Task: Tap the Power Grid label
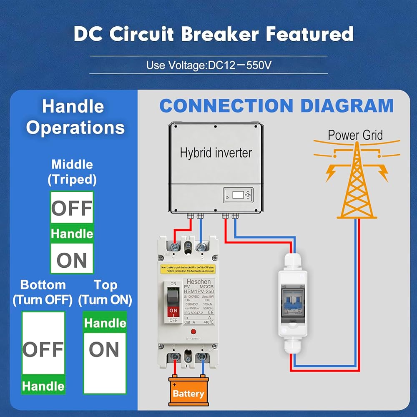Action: pos(355,135)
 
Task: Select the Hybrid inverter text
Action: pos(216,153)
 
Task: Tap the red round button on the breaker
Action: pos(193,332)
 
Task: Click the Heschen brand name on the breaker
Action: pos(198,282)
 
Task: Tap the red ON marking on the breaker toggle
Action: pos(173,311)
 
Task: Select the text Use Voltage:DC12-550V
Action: pos(209,65)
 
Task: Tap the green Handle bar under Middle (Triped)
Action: pos(72,234)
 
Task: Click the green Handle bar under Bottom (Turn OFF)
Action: pos(43,386)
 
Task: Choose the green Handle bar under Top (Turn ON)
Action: pos(105,323)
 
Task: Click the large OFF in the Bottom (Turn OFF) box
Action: pos(43,349)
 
